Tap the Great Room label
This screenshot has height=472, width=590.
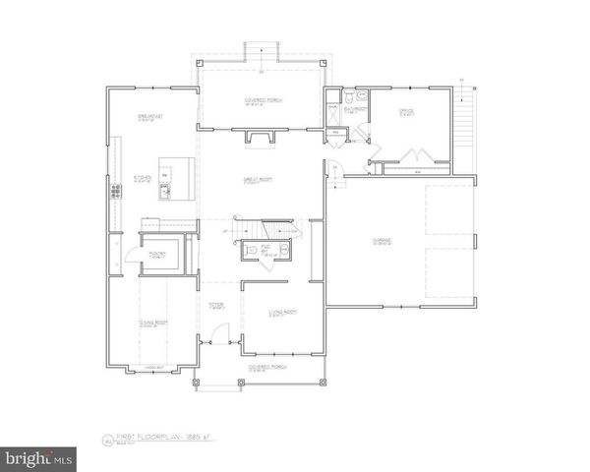tap(260, 180)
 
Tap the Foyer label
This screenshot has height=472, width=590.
tap(216, 305)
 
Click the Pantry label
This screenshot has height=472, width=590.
tap(157, 254)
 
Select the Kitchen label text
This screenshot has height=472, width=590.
tap(142, 179)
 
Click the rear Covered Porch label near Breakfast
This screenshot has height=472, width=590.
tap(261, 100)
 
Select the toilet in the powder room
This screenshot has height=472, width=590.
tap(283, 252)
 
